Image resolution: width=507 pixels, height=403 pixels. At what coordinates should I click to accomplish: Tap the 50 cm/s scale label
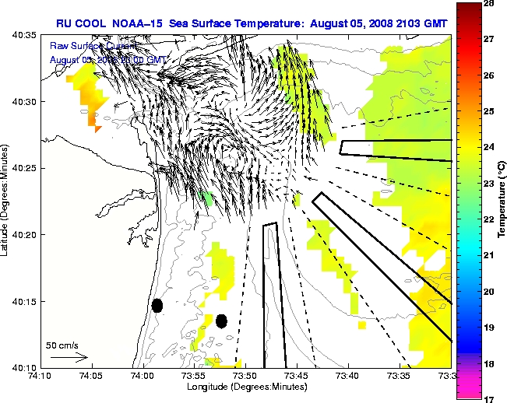pyautogui.click(x=62, y=344)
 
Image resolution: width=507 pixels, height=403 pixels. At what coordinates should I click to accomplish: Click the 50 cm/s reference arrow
pyautogui.click(x=69, y=357)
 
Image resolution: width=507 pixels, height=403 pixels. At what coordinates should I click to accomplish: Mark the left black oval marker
pyautogui.click(x=157, y=305)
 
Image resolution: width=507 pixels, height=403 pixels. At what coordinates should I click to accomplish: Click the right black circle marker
pyautogui.click(x=221, y=321)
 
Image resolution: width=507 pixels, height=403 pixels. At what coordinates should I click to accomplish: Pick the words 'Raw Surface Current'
pyautogui.click(x=87, y=46)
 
